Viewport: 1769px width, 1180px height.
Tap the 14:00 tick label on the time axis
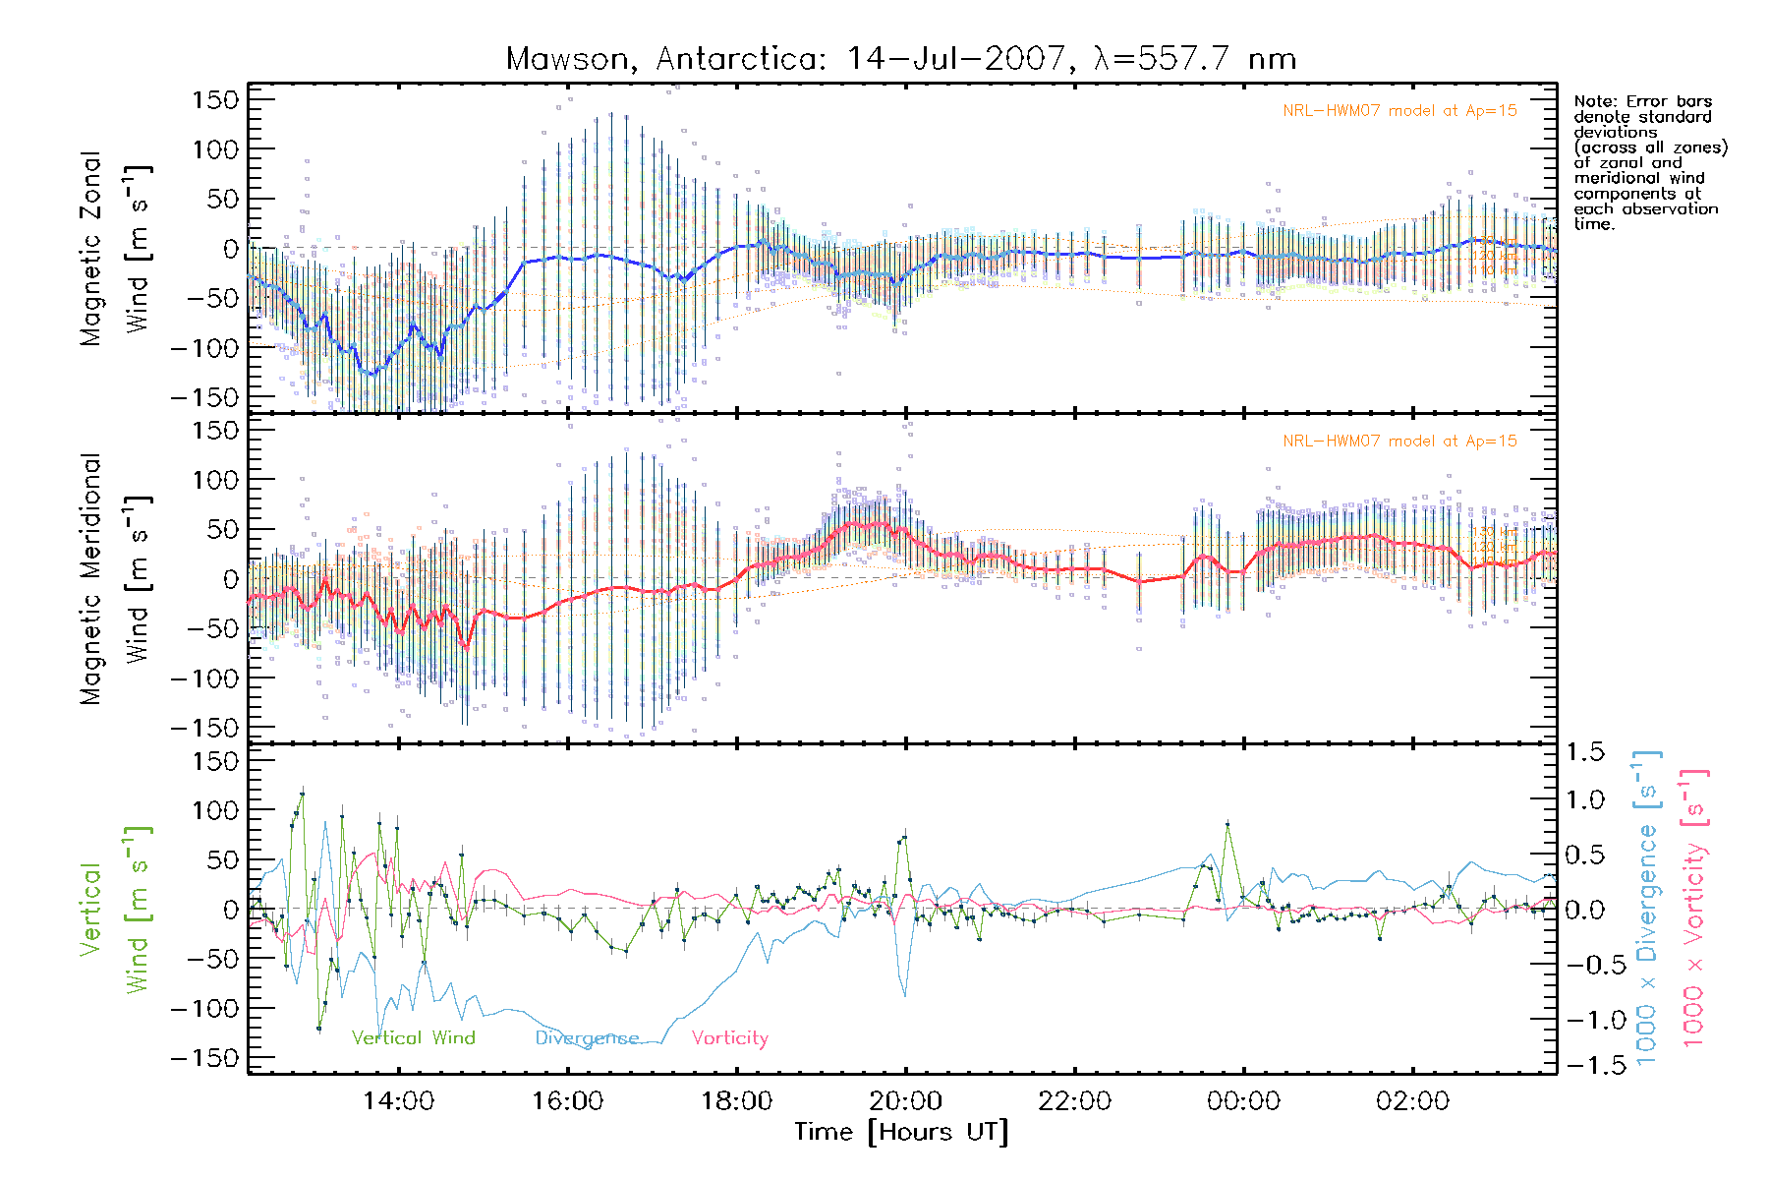point(398,1101)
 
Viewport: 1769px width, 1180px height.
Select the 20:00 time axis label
point(905,1101)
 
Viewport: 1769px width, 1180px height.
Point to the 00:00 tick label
point(1243,1101)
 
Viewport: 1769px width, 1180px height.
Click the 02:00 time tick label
point(1412,1101)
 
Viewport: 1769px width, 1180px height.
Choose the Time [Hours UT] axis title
point(901,1132)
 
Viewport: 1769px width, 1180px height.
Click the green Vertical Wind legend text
point(413,1038)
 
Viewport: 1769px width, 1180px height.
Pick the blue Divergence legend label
point(587,1038)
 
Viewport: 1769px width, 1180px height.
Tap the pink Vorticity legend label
point(729,1038)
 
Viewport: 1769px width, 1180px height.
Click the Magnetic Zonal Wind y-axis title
point(115,249)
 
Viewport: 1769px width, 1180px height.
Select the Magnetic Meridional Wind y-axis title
point(115,579)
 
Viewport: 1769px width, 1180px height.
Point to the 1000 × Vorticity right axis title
point(1694,909)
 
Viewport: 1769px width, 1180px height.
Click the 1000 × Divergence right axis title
point(1647,909)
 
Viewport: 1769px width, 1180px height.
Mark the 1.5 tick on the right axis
point(1584,752)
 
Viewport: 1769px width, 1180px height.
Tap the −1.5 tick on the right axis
point(1584,1065)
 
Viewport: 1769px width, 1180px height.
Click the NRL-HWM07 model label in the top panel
point(1399,111)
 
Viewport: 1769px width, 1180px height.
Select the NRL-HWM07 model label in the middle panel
point(1399,442)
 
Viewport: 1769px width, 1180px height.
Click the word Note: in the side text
point(1597,101)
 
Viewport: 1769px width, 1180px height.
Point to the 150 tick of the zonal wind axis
point(215,99)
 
